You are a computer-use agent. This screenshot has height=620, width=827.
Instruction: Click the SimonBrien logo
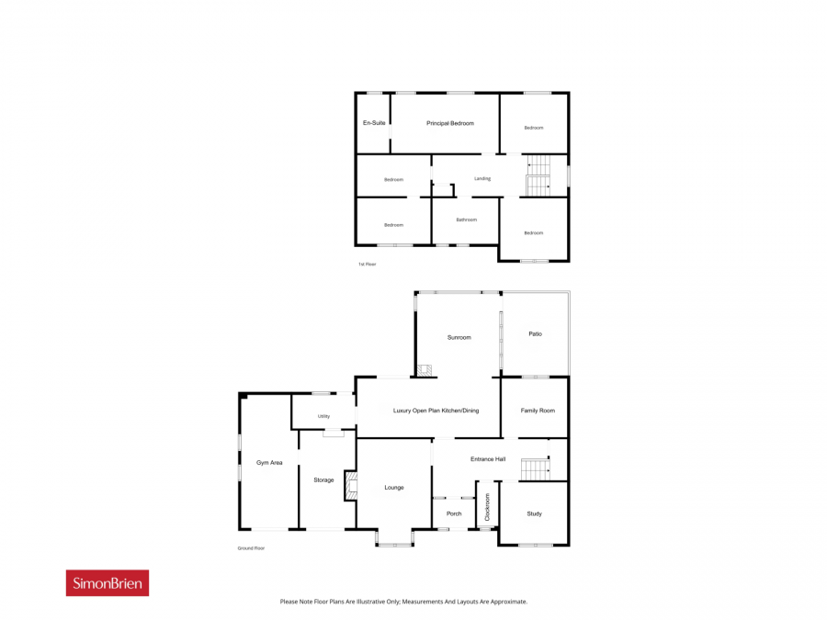[x=108, y=582]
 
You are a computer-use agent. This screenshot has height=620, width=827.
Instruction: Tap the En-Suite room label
[x=374, y=123]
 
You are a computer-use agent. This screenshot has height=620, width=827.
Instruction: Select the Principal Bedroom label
[x=450, y=123]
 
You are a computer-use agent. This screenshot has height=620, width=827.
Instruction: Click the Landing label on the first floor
[x=482, y=179]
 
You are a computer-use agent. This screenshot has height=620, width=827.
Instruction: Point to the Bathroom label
[x=466, y=220]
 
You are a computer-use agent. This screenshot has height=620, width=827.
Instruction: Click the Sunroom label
[x=459, y=337]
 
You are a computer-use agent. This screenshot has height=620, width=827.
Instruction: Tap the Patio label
[x=535, y=333]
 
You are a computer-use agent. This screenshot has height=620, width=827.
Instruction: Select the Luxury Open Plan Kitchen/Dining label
[x=436, y=411]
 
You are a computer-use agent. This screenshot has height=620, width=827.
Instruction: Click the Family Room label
[x=538, y=411]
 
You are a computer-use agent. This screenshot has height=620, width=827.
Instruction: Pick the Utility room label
[x=323, y=416]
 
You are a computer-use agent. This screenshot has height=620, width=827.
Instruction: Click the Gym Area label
[x=269, y=463]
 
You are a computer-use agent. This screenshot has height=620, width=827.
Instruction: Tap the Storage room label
[x=323, y=480]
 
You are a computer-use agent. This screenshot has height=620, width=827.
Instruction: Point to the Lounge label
[x=394, y=488]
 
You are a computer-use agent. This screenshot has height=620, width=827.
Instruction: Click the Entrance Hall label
[x=488, y=459]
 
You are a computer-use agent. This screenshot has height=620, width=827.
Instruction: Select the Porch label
[x=454, y=513]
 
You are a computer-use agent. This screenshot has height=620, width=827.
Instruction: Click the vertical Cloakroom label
[x=487, y=507]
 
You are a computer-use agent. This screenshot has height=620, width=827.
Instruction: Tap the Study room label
[x=534, y=513]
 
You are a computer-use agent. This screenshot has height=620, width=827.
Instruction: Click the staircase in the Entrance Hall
[x=536, y=469]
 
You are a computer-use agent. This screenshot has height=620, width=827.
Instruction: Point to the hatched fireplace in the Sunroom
[x=425, y=371]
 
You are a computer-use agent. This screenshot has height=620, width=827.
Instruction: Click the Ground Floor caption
[x=251, y=548]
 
